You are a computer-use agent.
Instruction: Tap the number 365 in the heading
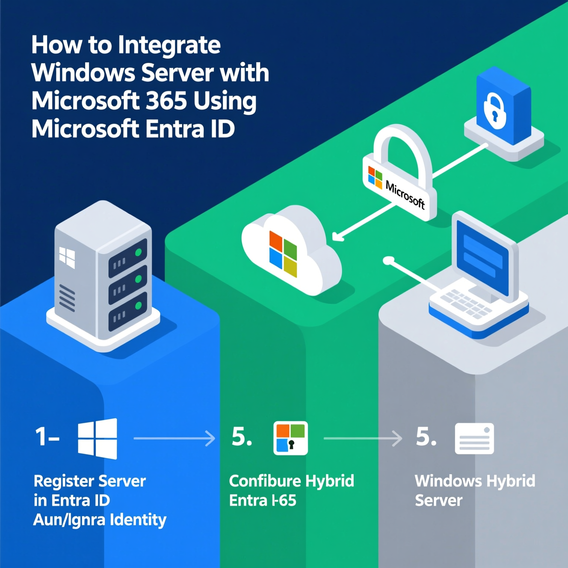pos(166,101)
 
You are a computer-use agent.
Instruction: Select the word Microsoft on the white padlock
pos(405,195)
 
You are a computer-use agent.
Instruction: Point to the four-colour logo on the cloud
pos(283,253)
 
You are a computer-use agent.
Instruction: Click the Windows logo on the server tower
pos(67,257)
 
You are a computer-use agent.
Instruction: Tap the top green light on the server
pos(138,252)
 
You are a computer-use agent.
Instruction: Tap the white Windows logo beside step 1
pos(98,438)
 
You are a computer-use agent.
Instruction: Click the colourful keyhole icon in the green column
pos(290,438)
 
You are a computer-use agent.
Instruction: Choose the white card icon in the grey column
pos(474,438)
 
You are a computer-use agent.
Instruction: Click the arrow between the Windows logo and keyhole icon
pos(174,438)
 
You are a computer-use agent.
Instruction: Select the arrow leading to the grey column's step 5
pos(363,438)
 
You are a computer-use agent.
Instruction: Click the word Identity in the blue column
pos(138,520)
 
